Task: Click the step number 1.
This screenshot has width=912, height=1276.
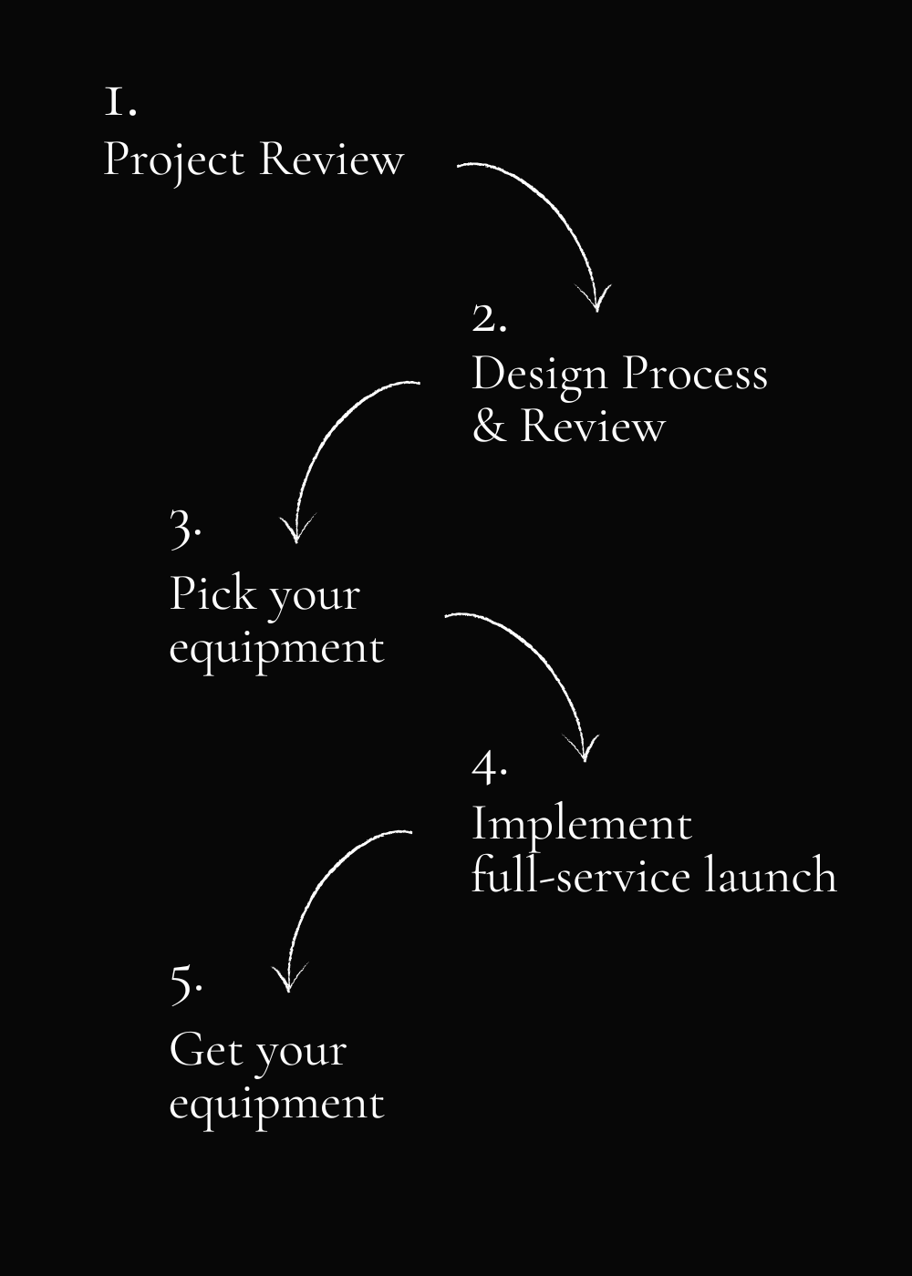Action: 120,102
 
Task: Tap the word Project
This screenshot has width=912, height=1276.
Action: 174,162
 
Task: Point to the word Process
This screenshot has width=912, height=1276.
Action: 695,374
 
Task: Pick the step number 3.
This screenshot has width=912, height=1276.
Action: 185,530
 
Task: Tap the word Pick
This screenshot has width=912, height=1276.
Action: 212,593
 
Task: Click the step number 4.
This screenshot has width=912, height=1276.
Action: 489,767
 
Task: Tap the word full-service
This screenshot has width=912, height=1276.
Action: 582,875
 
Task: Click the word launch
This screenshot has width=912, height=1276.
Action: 771,875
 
